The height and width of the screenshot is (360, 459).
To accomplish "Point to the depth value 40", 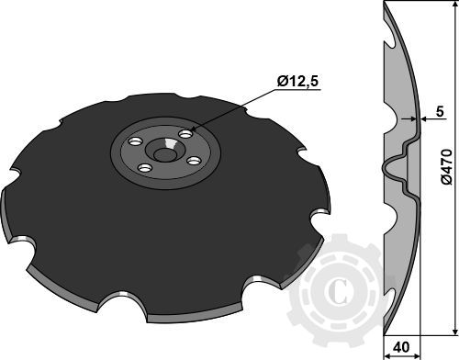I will (400, 348).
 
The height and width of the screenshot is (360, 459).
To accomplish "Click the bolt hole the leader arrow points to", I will (185, 134).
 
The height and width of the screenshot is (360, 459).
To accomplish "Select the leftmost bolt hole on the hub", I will (135, 143).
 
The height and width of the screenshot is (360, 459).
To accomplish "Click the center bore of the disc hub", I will (167, 151).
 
